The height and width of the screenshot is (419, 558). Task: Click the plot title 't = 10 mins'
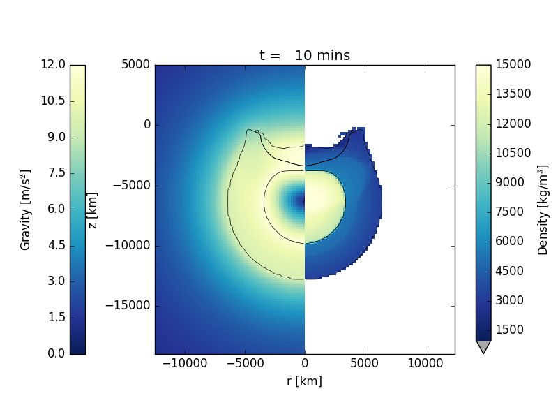tap(305, 56)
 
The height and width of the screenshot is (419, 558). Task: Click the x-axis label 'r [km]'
tap(305, 381)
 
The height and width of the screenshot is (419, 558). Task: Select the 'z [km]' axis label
tap(93, 209)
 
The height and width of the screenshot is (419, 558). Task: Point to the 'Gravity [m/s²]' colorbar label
tap(26, 209)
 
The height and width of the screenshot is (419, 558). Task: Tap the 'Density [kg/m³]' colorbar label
tap(543, 209)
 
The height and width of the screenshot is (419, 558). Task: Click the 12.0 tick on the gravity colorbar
tap(53, 65)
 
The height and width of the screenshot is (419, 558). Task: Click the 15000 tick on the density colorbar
tap(513, 65)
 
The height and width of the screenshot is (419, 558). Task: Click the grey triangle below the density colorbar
tap(483, 346)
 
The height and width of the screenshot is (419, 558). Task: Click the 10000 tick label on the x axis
tap(425, 364)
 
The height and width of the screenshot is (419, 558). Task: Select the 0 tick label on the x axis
tap(305, 364)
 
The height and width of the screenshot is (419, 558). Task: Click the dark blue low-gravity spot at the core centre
tap(301, 201)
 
